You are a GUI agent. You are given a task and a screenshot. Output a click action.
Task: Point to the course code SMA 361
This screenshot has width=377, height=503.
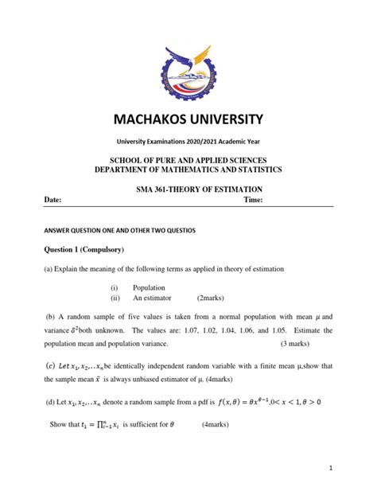pos(152,189)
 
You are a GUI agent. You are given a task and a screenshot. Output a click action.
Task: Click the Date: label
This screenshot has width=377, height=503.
pos(52,201)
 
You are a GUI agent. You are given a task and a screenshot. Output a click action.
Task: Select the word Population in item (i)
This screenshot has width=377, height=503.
pos(150,288)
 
